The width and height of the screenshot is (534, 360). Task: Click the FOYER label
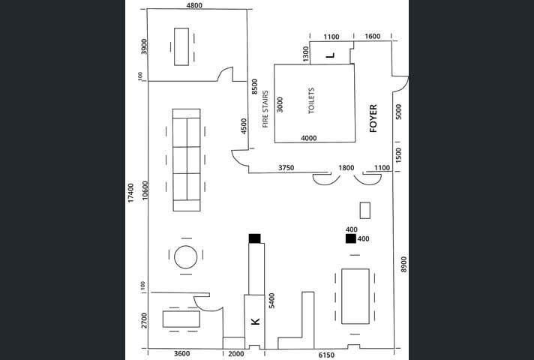click(373, 118)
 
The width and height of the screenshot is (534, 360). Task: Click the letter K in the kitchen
click(255, 322)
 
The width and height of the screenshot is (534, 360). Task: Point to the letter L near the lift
click(331, 55)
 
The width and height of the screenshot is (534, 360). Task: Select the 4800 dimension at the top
click(194, 5)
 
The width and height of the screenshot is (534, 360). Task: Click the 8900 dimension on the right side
click(403, 265)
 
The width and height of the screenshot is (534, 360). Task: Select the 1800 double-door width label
click(346, 167)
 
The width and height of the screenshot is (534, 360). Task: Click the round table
click(186, 257)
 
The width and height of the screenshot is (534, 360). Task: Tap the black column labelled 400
click(350, 238)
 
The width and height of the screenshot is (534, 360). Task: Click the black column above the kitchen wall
click(254, 238)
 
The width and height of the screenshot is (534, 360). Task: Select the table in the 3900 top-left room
click(181, 46)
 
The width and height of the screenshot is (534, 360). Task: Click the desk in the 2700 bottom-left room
click(181, 319)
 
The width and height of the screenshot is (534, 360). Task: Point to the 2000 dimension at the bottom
click(235, 354)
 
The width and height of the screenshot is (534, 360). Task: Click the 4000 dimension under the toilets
click(308, 138)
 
